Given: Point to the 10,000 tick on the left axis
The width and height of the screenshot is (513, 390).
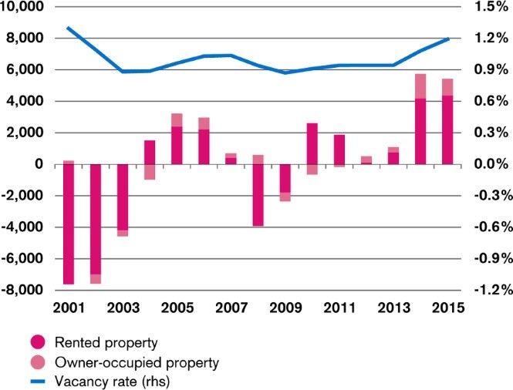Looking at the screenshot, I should (24, 7).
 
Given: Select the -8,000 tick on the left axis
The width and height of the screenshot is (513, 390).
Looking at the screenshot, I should (25, 290).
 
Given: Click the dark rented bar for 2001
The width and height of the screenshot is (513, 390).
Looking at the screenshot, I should (69, 224).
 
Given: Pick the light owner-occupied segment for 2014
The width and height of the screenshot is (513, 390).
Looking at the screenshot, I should (420, 86).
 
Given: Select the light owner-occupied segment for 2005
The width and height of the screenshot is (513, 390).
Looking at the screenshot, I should (177, 119).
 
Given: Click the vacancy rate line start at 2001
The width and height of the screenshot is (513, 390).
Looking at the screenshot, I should (69, 28).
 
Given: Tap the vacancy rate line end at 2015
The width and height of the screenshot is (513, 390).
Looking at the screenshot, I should (447, 39).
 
